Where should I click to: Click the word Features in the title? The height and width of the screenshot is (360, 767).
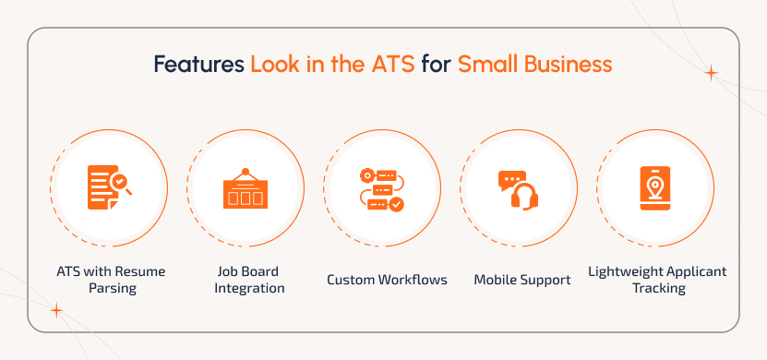point(198,65)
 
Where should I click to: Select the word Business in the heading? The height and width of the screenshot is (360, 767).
point(569,65)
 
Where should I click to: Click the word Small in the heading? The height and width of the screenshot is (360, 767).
point(489,65)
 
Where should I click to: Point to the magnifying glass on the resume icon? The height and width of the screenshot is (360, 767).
point(121,184)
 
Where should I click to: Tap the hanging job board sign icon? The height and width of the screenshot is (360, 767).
point(246,189)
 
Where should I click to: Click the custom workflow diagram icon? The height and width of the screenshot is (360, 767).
point(382,190)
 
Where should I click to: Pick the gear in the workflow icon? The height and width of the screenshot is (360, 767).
point(366,174)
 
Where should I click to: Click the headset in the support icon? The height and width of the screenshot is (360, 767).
point(525,197)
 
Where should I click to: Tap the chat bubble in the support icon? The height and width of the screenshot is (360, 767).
point(511,180)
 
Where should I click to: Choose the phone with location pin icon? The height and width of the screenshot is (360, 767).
point(655,188)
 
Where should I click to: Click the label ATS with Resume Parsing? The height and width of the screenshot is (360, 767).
point(112,280)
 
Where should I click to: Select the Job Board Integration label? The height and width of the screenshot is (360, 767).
point(249,280)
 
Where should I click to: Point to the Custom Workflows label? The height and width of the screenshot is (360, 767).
point(387,280)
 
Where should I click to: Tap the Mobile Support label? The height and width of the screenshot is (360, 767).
point(522,280)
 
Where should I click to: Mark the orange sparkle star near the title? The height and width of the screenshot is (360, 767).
point(712,73)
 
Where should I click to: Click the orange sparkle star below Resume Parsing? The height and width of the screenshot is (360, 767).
point(56,310)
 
